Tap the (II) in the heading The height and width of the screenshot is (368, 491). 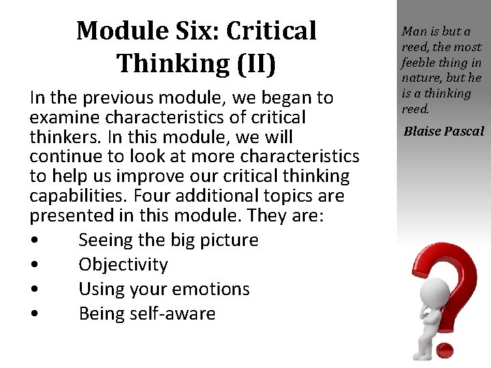pyautogui.click(x=253, y=63)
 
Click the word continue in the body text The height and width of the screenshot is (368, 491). pyautogui.click(x=61, y=157)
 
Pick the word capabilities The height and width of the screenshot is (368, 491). pyautogui.click(x=74, y=196)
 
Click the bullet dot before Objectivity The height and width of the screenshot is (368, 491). pyautogui.click(x=33, y=265)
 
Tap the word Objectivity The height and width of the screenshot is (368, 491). pyautogui.click(x=123, y=264)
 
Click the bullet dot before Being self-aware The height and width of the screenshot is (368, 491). pyautogui.click(x=33, y=314)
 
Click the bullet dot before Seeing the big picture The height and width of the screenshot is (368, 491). pyautogui.click(x=33, y=241)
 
